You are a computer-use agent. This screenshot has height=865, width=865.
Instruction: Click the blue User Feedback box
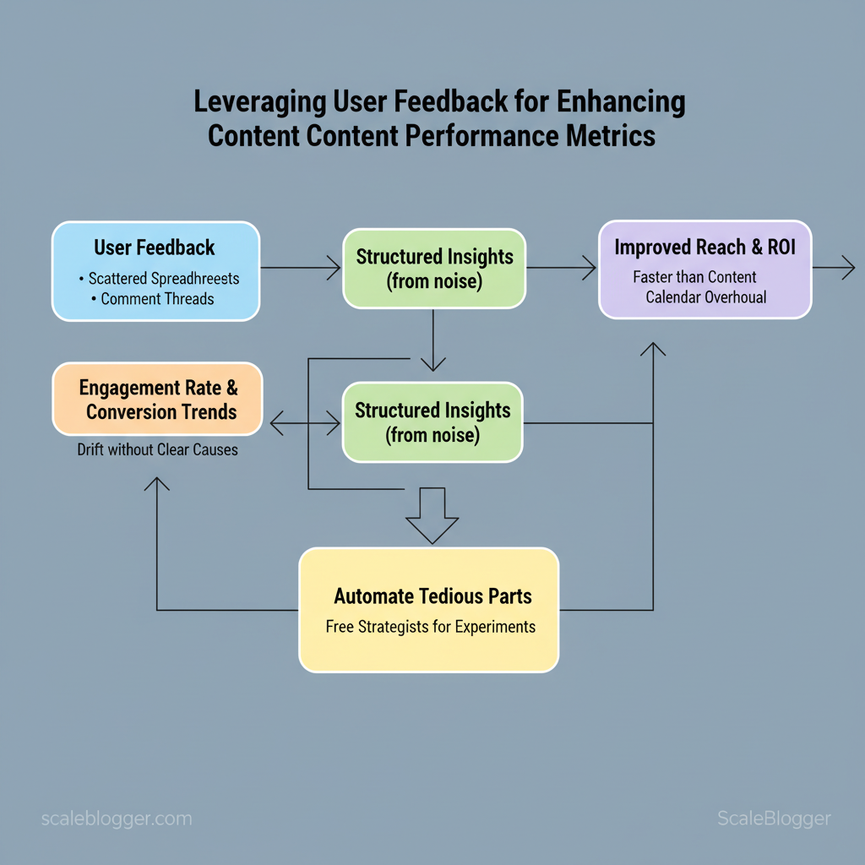(155, 270)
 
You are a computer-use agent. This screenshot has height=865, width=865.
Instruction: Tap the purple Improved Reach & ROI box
(705, 269)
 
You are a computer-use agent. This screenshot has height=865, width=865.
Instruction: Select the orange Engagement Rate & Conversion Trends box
(158, 400)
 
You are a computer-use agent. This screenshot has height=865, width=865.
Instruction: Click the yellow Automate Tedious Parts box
(429, 610)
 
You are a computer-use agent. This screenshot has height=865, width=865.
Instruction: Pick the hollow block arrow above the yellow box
(432, 515)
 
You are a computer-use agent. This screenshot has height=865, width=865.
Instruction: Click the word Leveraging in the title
(257, 102)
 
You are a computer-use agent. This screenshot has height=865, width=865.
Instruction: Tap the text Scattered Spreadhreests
(164, 278)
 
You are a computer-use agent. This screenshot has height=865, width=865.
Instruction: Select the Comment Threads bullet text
(157, 298)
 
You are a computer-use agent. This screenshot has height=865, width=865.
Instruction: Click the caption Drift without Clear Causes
(158, 449)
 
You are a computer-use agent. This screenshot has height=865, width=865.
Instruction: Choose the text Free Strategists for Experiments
(431, 627)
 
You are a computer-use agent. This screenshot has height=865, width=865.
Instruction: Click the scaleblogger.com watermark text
(117, 819)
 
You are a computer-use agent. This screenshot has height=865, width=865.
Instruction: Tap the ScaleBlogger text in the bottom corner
(774, 819)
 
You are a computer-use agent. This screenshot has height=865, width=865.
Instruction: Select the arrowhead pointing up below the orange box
(157, 483)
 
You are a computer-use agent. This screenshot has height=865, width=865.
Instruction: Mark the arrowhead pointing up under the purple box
(653, 348)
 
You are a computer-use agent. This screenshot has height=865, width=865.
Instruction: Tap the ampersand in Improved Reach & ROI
(752, 248)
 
